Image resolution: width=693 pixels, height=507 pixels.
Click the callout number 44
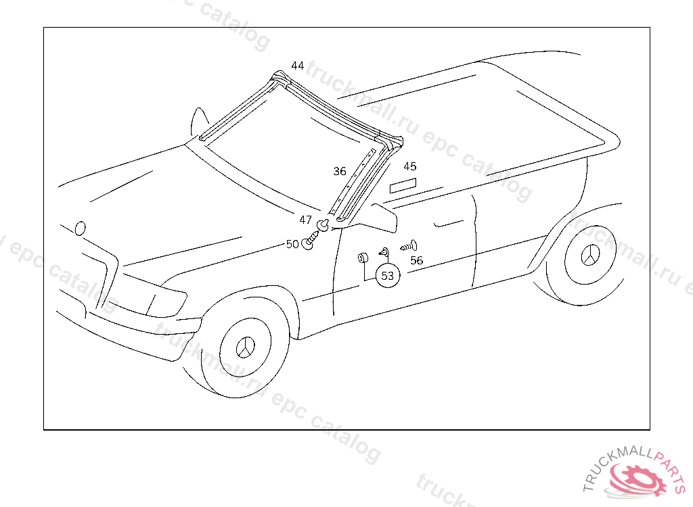click(x=298, y=66)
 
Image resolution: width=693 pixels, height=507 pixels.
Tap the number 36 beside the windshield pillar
click(x=340, y=171)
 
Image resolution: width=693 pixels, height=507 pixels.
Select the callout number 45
click(x=410, y=166)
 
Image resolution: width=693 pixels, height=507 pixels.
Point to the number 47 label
click(x=306, y=220)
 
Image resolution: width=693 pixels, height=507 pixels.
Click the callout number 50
click(x=292, y=244)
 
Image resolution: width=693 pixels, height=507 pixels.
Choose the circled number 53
click(x=388, y=276)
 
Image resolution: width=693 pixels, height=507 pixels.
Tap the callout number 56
click(x=417, y=260)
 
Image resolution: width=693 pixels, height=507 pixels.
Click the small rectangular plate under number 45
click(x=404, y=186)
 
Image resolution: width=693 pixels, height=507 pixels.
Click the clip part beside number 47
click(x=323, y=223)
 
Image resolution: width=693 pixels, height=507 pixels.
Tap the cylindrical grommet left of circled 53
click(x=363, y=258)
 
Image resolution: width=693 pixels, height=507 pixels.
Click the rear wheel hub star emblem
click(x=590, y=256)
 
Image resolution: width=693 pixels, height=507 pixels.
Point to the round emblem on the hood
click(x=81, y=228)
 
